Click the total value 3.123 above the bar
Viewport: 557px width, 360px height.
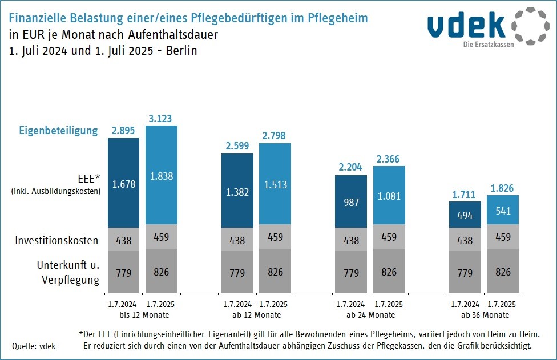161,119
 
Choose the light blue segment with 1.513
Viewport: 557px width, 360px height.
275,184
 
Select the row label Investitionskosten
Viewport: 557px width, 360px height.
56,240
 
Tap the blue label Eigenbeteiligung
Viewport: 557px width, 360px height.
58,131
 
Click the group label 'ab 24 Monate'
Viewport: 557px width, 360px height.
370,315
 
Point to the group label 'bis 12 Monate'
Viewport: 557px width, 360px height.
142,315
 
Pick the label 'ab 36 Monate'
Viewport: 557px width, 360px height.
484,315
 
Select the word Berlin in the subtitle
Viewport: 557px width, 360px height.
180,50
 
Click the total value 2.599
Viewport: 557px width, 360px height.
237,146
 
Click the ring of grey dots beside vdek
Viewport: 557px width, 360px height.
530,26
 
